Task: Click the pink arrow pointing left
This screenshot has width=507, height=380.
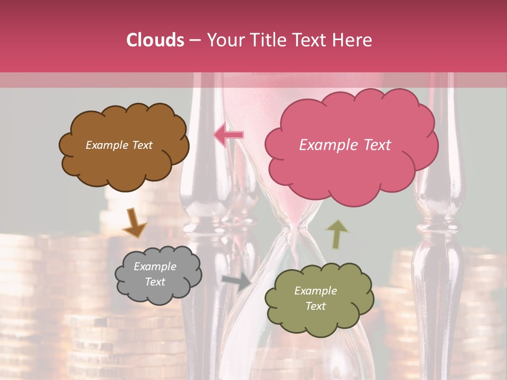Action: [x=229, y=135]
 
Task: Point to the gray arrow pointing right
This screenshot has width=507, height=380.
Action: [x=237, y=281]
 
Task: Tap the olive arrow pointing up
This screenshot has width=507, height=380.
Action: [x=336, y=234]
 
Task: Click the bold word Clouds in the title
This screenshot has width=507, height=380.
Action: [x=155, y=40]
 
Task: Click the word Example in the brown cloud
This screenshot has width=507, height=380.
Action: [x=106, y=145]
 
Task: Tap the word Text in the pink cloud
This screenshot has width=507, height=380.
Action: [x=375, y=145]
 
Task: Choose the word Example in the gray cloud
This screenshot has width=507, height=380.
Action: [x=155, y=267]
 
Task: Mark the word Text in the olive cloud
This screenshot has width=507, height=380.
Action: [x=315, y=306]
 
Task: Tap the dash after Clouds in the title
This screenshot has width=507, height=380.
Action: [x=194, y=40]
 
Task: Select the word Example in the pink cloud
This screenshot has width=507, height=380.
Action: [x=327, y=145]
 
